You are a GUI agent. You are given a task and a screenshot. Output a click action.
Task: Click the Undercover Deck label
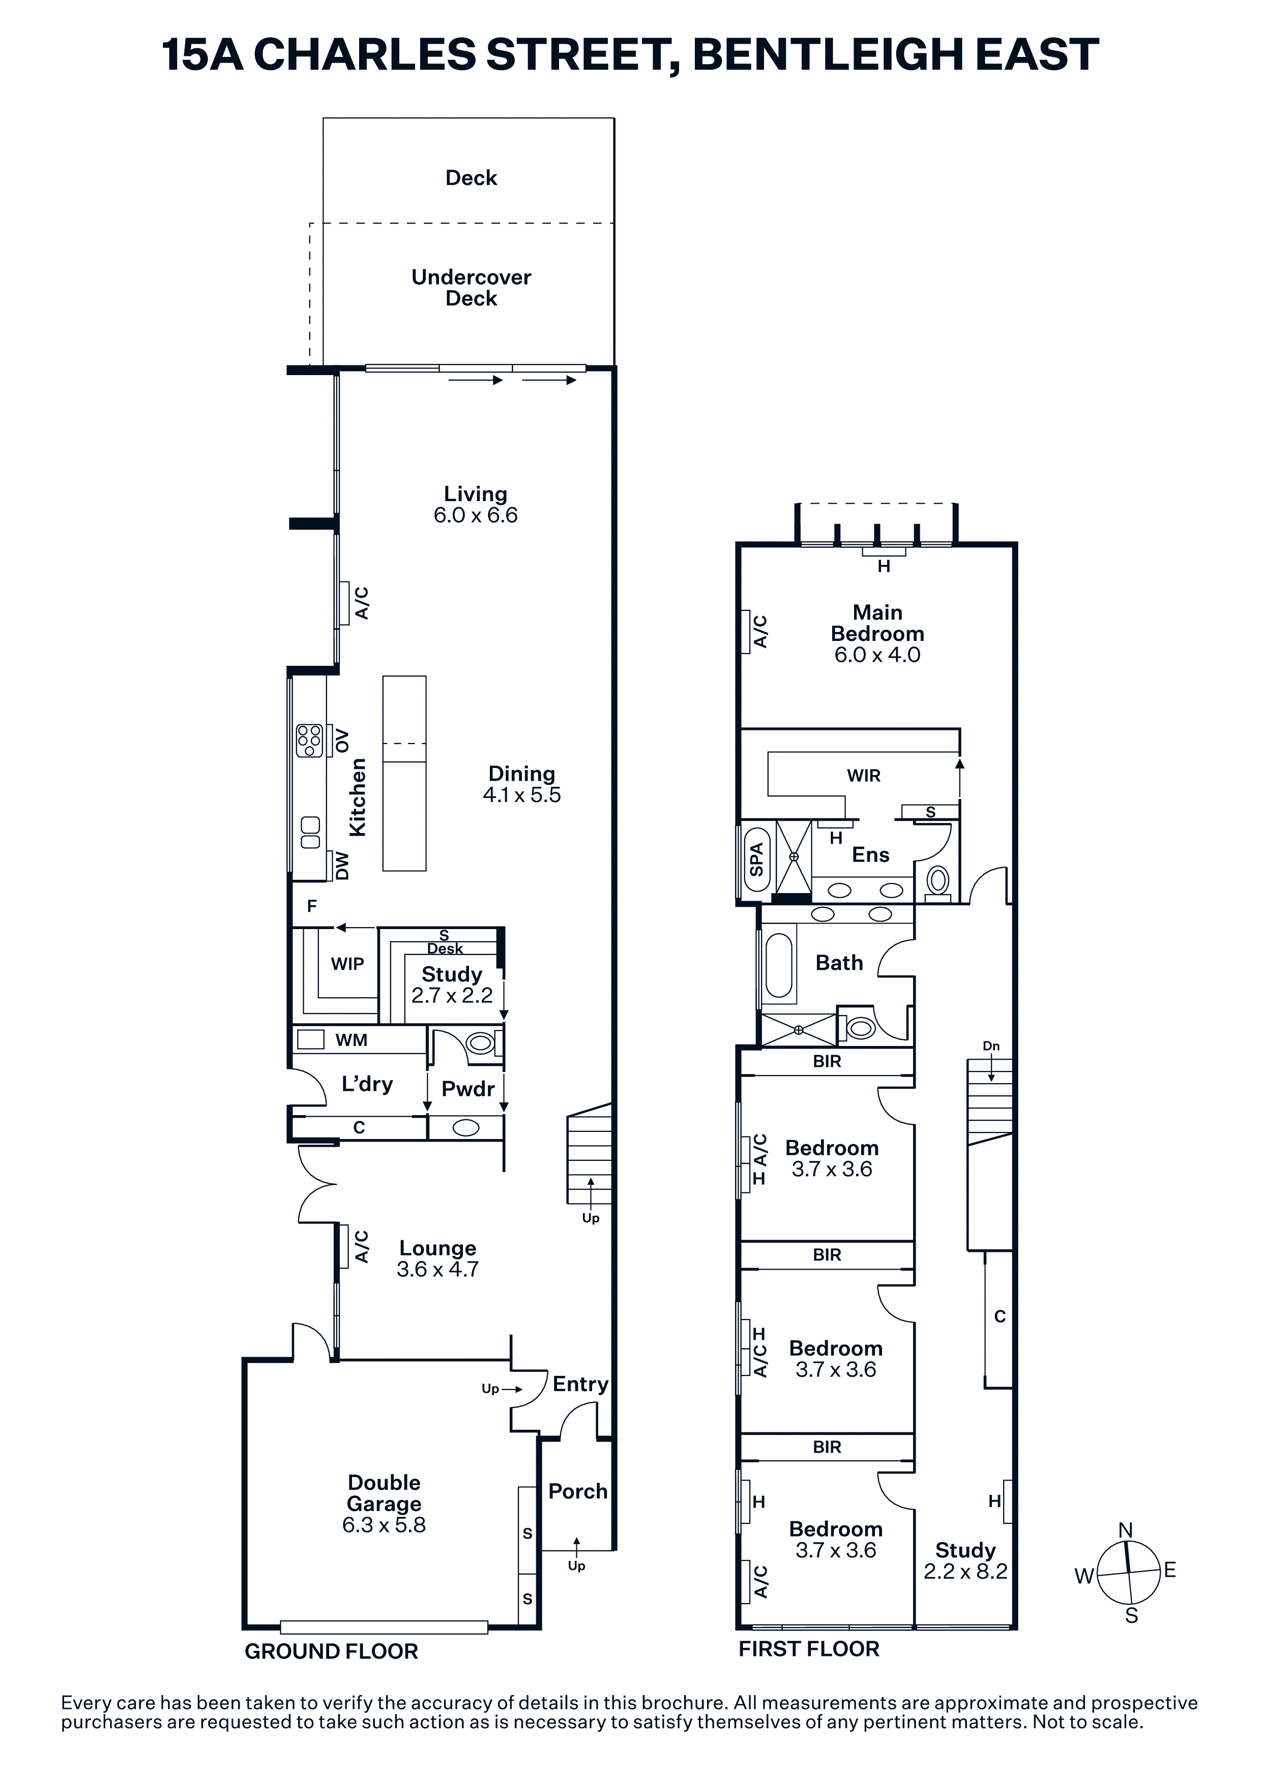click(471, 287)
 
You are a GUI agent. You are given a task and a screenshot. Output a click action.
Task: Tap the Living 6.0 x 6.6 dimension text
click(476, 515)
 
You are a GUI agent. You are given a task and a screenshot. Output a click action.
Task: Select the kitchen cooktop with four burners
click(309, 740)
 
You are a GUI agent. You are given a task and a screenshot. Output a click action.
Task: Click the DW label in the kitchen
click(342, 866)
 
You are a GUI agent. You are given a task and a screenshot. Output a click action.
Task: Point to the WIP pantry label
click(347, 964)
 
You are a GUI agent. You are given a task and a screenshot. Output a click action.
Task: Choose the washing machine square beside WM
click(311, 1039)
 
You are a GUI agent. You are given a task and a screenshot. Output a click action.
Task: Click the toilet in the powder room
click(483, 1042)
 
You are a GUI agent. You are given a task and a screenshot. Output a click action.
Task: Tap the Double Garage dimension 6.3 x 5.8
click(384, 1525)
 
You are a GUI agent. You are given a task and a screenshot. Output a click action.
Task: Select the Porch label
click(578, 1491)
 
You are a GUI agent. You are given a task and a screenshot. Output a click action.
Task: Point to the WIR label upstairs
click(864, 775)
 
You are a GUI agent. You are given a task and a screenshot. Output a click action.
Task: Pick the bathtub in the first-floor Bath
click(779, 965)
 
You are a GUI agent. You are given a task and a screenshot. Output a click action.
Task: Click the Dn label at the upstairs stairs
click(991, 1046)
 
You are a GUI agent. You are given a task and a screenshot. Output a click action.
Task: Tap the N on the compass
click(1126, 1530)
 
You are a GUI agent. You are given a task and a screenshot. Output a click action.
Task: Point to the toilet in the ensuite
click(939, 881)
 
